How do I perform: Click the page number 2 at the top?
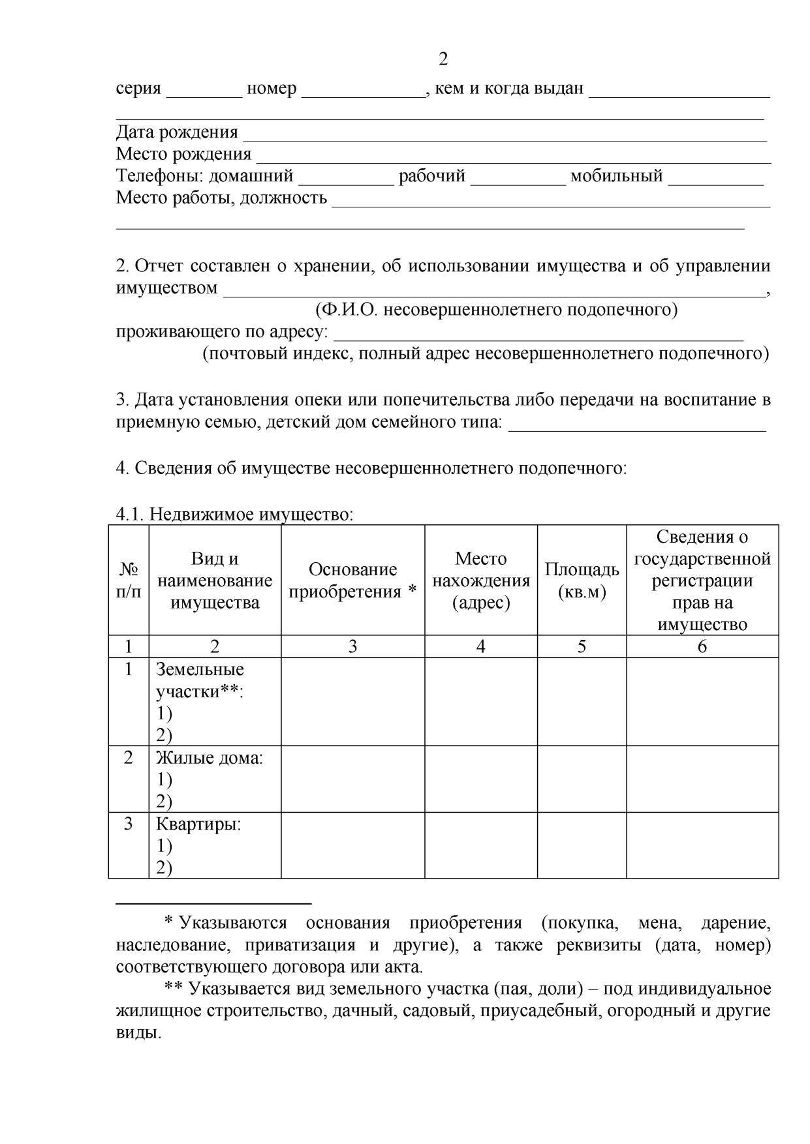pyautogui.click(x=443, y=60)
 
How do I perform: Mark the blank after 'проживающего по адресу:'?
pyautogui.click(x=538, y=336)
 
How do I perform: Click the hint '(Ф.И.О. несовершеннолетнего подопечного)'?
pyautogui.click(x=496, y=309)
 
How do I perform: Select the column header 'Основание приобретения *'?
pyautogui.click(x=352, y=580)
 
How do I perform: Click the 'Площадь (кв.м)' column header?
pyautogui.click(x=582, y=580)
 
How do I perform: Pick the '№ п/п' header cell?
pyautogui.click(x=129, y=580)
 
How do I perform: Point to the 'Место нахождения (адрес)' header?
pyautogui.click(x=481, y=580)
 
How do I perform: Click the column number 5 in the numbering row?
pyautogui.click(x=582, y=646)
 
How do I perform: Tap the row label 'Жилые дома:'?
pyautogui.click(x=209, y=758)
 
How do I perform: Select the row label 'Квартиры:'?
pyautogui.click(x=198, y=824)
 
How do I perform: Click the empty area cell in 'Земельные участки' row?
pyautogui.click(x=582, y=701)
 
